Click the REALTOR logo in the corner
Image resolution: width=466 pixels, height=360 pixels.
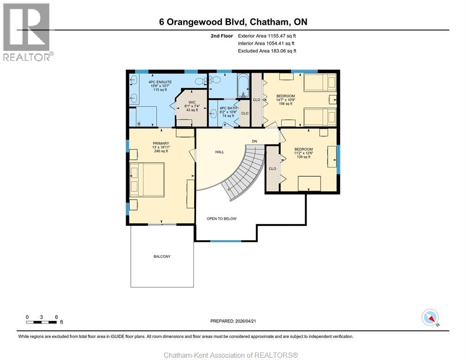tap(27, 32)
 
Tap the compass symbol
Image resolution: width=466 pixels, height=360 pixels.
tap(430, 317)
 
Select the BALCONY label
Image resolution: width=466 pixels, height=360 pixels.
tap(162, 256)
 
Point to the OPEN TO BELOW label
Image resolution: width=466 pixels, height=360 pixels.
tap(222, 218)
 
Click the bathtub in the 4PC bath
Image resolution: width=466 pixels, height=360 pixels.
tap(243, 85)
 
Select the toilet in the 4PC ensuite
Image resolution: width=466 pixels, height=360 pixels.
tap(200, 81)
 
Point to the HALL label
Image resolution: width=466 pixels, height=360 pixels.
tap(219, 152)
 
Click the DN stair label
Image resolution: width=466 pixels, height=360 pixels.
tap(254, 141)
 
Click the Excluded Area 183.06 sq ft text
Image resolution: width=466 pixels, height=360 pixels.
tap(267, 51)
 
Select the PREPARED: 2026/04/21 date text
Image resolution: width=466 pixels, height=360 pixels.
tap(233, 321)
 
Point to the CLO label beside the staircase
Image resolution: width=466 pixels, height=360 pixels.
tap(272, 169)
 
